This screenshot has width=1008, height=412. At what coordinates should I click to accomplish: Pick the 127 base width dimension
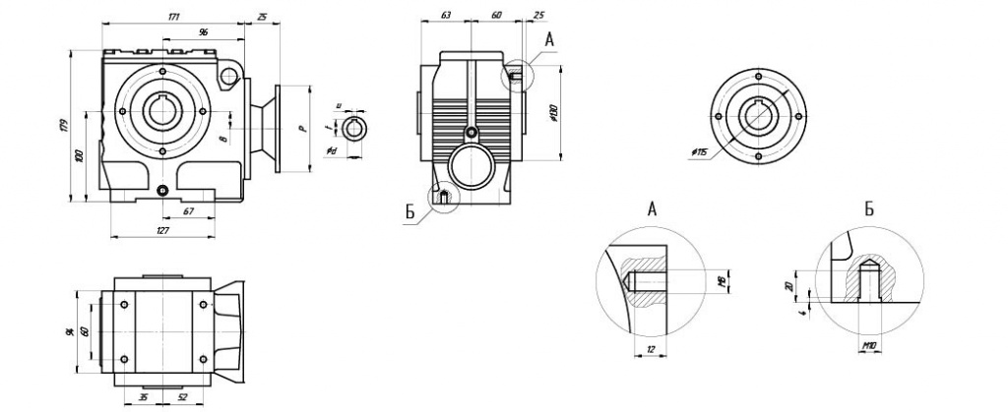tap(163, 229)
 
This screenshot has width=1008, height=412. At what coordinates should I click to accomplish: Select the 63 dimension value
tap(447, 17)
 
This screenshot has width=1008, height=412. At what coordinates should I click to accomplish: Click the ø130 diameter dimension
tap(555, 115)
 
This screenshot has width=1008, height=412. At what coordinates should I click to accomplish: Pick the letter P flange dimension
tap(303, 128)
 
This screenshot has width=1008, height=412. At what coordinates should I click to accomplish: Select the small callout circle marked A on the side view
tap(518, 75)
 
